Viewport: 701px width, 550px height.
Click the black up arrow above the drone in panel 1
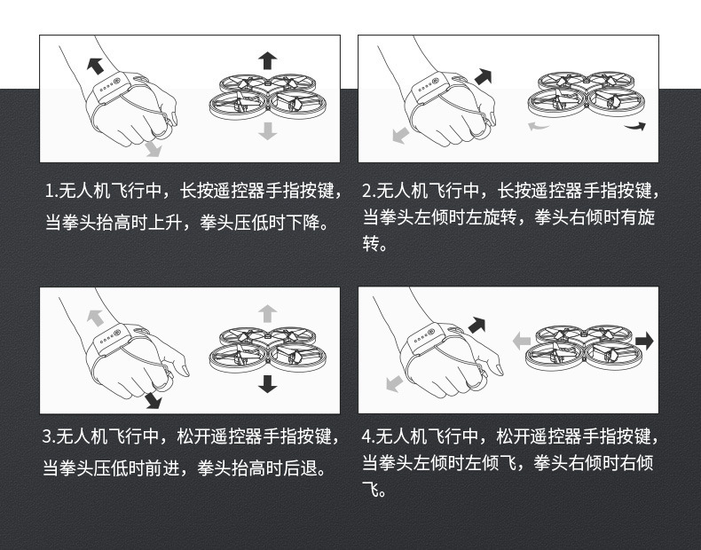click(267, 60)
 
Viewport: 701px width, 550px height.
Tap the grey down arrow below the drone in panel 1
click(267, 131)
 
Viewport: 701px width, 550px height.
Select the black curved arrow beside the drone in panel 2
click(635, 127)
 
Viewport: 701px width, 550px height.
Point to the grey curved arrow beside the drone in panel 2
click(539, 127)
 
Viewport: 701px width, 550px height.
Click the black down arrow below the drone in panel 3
click(267, 384)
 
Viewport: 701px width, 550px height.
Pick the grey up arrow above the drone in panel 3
click(267, 314)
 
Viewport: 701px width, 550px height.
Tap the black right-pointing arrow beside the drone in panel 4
click(644, 342)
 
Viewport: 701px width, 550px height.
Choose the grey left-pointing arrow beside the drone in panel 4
click(521, 342)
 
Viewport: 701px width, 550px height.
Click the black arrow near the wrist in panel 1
click(95, 66)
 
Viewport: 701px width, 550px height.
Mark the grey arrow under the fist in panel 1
click(153, 149)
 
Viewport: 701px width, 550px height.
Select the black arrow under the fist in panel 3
click(153, 400)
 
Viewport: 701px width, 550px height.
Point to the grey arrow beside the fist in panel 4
click(394, 384)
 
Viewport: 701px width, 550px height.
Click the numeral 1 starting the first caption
click(49, 192)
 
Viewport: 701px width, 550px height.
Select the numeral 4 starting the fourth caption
click(366, 436)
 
